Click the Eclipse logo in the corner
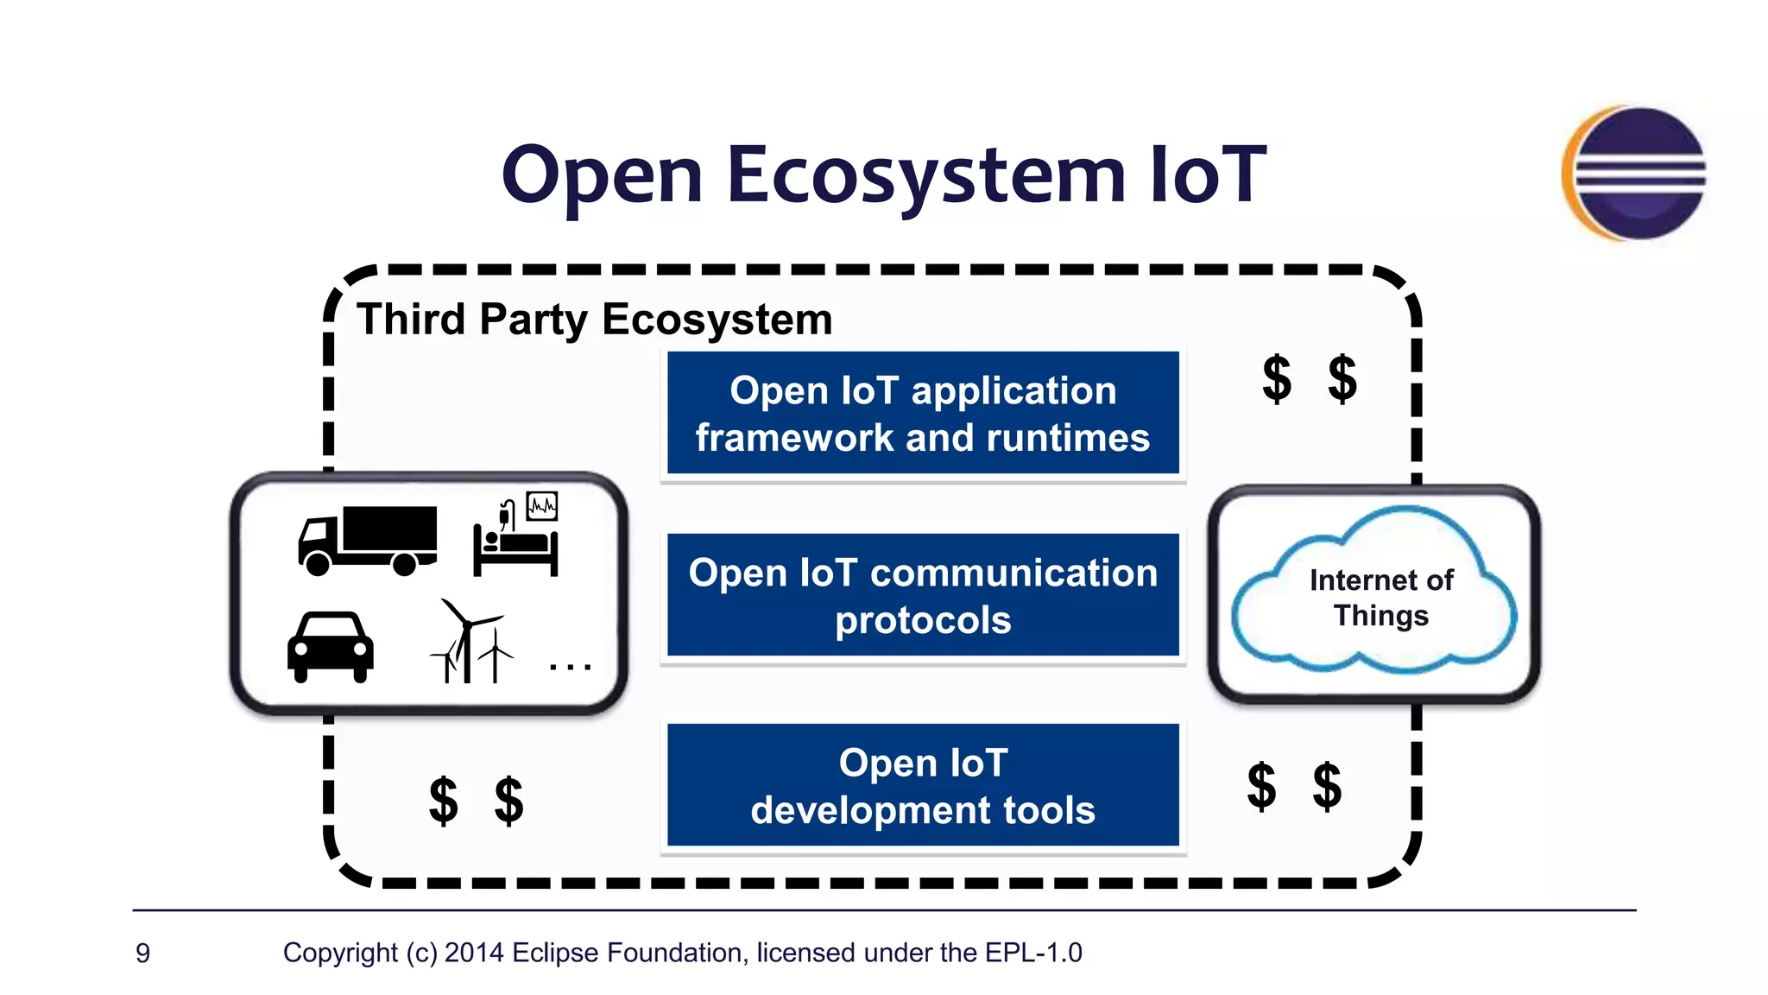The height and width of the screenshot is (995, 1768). point(1634,173)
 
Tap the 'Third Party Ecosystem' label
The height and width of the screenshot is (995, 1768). point(594,320)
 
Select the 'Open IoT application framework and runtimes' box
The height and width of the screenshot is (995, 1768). point(923,413)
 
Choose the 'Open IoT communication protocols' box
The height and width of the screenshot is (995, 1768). point(923,595)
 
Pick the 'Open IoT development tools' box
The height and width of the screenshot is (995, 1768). point(923,785)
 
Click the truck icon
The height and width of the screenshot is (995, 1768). point(368,540)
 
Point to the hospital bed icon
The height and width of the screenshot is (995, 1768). point(516,548)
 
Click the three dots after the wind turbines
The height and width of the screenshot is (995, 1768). point(570,667)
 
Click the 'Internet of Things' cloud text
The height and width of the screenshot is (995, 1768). point(1380,597)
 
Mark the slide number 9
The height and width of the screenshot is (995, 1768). point(143,953)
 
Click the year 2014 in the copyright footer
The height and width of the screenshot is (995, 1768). point(474,953)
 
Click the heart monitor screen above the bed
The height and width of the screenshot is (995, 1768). point(542,506)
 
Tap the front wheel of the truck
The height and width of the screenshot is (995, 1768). point(318,565)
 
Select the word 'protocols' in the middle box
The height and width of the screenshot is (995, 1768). point(923,620)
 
